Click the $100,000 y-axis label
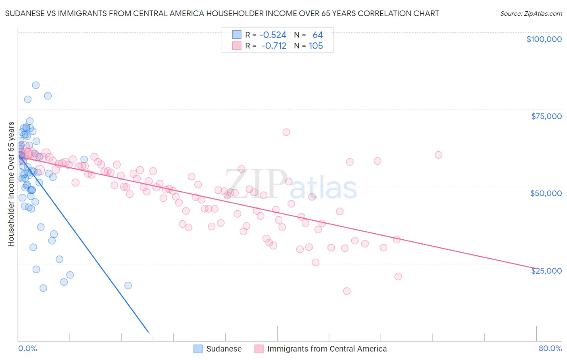[544, 39]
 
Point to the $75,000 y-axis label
[546, 116]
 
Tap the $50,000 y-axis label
[546, 193]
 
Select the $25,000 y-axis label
[546, 271]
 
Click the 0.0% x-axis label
[27, 348]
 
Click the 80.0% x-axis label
[550, 348]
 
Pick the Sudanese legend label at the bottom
[224, 349]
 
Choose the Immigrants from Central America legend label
[327, 349]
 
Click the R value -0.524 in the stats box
[273, 35]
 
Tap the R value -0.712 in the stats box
[273, 46]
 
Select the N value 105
[316, 46]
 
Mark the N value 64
[317, 35]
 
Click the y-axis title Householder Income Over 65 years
[11, 184]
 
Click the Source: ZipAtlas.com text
[531, 14]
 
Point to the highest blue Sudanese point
[35, 85]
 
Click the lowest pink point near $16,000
[346, 291]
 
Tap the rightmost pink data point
[438, 155]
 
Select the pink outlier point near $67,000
[286, 132]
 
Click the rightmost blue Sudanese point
[128, 285]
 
